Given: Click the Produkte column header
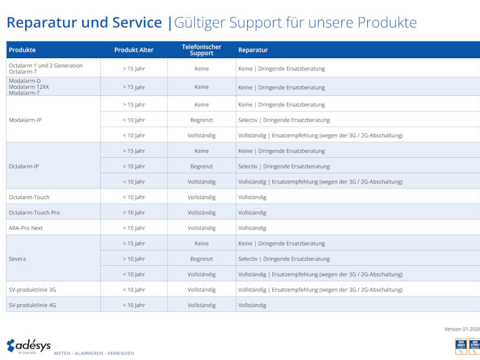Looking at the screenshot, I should click(x=22, y=50).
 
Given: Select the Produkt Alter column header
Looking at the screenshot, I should click(x=134, y=50).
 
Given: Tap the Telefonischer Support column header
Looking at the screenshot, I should click(x=202, y=50).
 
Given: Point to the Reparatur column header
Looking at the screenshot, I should click(x=253, y=50).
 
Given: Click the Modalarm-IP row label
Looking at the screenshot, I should click(x=25, y=120).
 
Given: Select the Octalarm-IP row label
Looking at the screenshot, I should click(x=25, y=166).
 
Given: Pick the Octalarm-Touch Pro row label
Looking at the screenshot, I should click(x=34, y=212).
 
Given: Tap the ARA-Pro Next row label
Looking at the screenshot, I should click(x=26, y=228).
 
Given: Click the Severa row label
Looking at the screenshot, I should click(x=17, y=259).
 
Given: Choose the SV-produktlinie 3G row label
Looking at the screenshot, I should click(x=32, y=290).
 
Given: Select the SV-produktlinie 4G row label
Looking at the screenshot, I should click(x=32, y=305).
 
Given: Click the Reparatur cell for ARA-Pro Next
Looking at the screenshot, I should click(x=252, y=228).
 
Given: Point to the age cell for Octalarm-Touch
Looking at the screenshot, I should click(x=134, y=197).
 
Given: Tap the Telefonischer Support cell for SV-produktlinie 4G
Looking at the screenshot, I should click(x=202, y=305).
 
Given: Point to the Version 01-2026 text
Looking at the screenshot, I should click(x=461, y=328).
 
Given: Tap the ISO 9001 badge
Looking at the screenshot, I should click(x=461, y=346).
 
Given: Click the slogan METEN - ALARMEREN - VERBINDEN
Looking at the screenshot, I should click(x=94, y=353).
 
